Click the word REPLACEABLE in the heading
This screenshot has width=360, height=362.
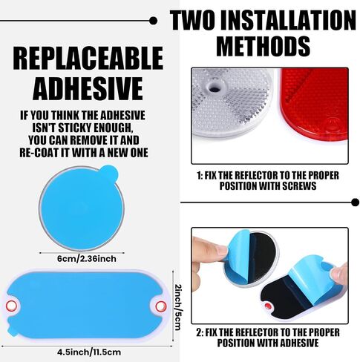point(88,58)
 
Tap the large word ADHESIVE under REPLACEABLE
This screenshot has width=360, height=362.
point(88,88)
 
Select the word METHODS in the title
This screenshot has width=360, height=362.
point(264,46)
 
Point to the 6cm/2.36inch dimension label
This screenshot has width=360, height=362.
point(87,259)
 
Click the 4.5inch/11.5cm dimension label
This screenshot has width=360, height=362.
point(89,352)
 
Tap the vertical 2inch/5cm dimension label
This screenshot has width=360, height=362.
point(178,307)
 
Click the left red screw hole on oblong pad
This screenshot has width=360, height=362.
point(11,306)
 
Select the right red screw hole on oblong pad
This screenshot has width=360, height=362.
point(161,306)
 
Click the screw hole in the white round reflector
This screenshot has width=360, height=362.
point(215,87)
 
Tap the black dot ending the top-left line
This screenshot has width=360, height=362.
point(154,21)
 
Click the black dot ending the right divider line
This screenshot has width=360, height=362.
point(356,203)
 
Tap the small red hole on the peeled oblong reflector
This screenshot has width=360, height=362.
point(268,306)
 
